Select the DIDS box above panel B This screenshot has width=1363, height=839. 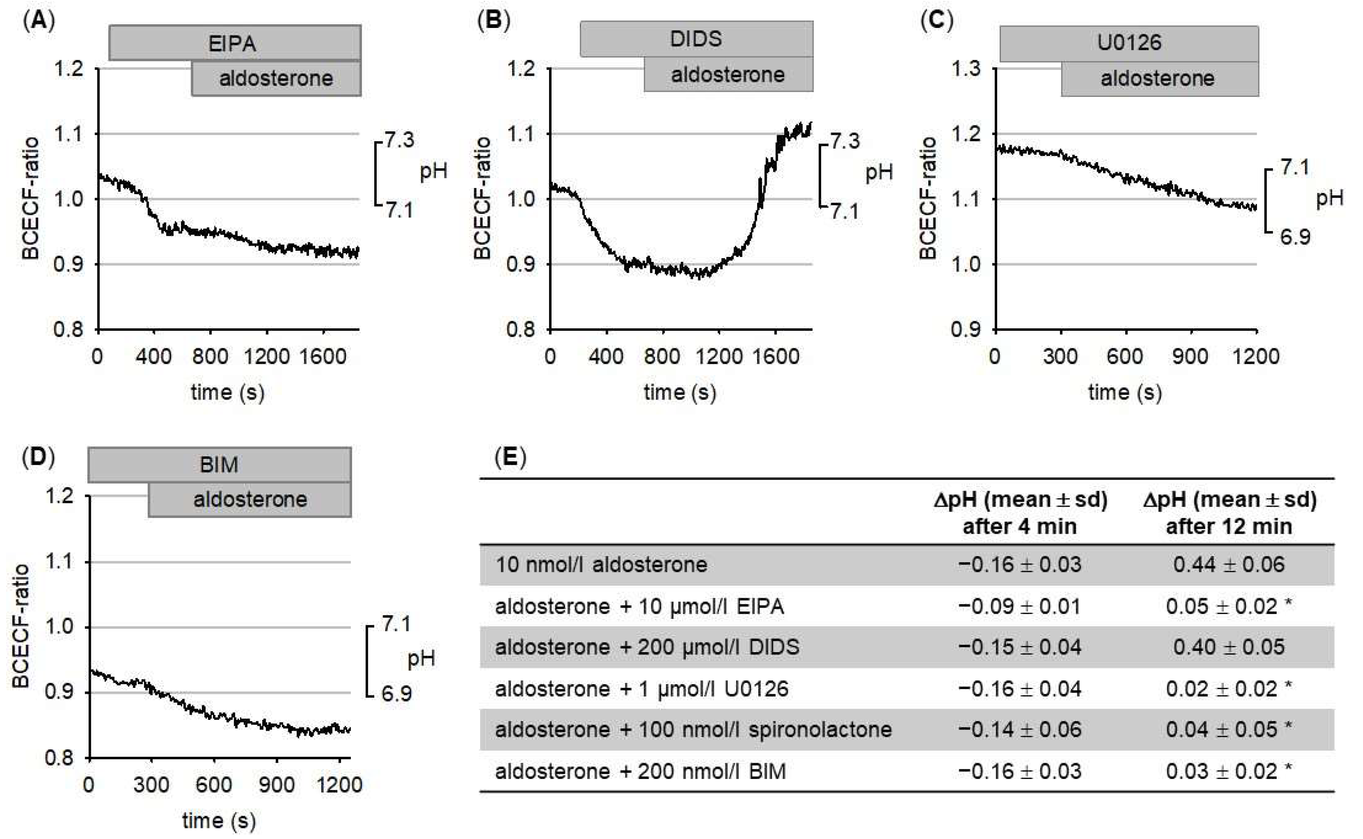click(x=696, y=39)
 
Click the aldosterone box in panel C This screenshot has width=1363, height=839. click(x=1158, y=78)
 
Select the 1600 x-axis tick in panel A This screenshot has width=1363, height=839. click(x=323, y=356)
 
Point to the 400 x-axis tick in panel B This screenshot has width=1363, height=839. click(x=606, y=356)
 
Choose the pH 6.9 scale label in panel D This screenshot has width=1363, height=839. click(x=396, y=693)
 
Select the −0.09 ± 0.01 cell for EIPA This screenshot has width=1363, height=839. click(x=1020, y=606)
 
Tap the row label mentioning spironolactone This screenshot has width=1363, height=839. click(x=693, y=729)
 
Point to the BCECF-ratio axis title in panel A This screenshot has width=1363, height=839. click(x=30, y=199)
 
